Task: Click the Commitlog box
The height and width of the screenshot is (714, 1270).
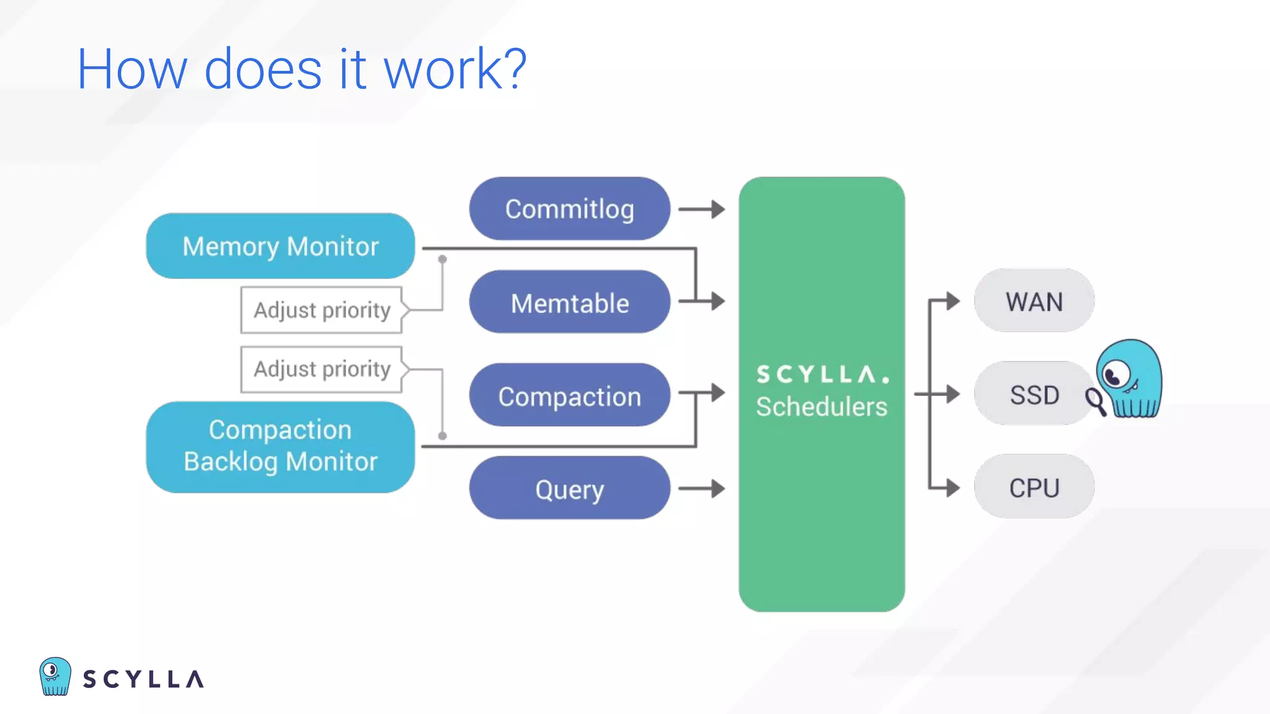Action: click(x=569, y=209)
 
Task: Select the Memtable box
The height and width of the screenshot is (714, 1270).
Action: click(x=569, y=302)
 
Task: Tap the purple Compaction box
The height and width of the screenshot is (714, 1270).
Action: click(x=569, y=395)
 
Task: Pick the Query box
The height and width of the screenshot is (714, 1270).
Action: click(x=569, y=488)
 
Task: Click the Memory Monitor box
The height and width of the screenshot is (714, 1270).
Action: click(x=280, y=246)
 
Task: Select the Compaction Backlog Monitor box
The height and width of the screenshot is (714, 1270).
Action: click(x=280, y=447)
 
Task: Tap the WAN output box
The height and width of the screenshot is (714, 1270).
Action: click(x=1034, y=301)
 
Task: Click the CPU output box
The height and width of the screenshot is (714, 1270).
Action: click(x=1034, y=487)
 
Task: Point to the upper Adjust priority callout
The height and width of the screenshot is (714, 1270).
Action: click(x=322, y=310)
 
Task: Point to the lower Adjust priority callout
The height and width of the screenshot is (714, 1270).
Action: click(x=322, y=369)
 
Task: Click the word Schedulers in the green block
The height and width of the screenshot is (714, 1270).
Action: click(x=822, y=407)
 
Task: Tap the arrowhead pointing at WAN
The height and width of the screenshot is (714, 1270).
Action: click(x=952, y=301)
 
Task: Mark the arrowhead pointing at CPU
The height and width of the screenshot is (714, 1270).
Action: click(x=952, y=488)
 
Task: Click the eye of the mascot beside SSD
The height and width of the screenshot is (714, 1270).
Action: click(x=1114, y=375)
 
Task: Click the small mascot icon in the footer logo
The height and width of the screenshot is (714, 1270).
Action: click(x=55, y=676)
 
